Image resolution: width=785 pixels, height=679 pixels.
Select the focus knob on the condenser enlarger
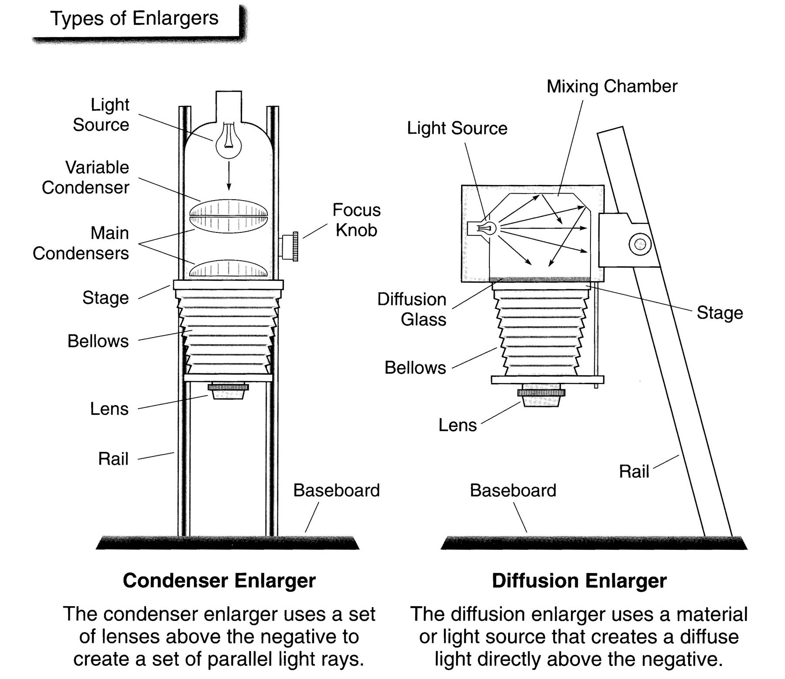290,246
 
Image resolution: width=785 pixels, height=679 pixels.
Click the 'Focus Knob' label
356,220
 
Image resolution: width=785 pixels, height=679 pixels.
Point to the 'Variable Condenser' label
85,177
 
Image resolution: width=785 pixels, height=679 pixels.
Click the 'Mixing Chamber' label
611,86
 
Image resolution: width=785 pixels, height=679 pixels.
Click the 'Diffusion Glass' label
412,309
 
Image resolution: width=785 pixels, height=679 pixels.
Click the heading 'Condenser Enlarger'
219,580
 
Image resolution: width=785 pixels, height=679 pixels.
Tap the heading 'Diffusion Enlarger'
579,580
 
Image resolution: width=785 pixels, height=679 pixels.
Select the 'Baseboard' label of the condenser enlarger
336,490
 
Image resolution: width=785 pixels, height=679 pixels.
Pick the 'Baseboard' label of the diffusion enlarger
513,490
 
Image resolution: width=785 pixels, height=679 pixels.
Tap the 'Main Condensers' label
81,243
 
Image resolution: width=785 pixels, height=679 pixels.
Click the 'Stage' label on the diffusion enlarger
720,313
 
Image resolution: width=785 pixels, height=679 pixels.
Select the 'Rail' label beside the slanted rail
634,471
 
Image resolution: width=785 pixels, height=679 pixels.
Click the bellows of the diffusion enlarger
541,331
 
